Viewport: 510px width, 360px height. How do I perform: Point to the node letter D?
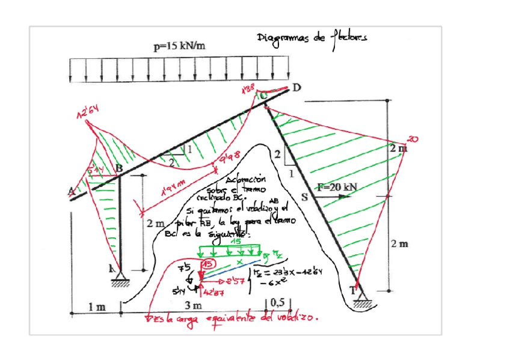[296, 88]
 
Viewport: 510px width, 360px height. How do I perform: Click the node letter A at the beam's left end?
[71, 191]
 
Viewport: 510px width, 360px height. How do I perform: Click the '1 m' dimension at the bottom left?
[96, 307]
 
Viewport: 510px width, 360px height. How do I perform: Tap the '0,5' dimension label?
[277, 302]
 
